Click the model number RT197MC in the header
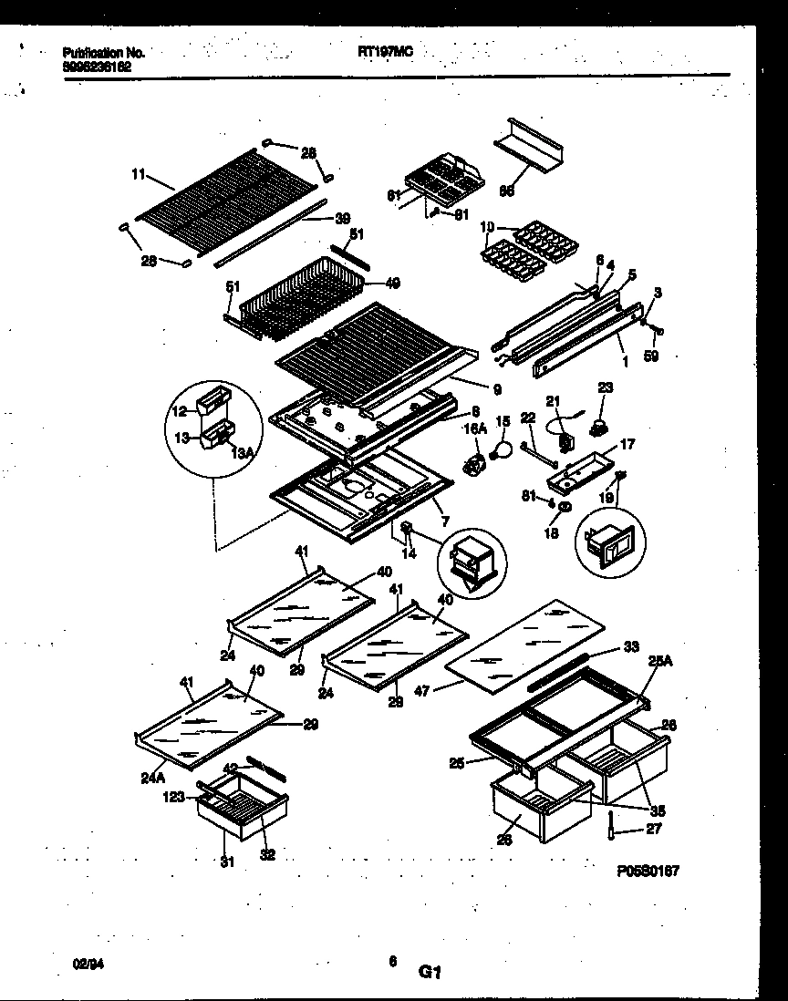[386, 53]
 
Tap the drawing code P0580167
[648, 872]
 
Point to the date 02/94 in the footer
[83, 961]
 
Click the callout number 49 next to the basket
[392, 284]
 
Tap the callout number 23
[604, 387]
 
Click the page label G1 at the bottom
[430, 973]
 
